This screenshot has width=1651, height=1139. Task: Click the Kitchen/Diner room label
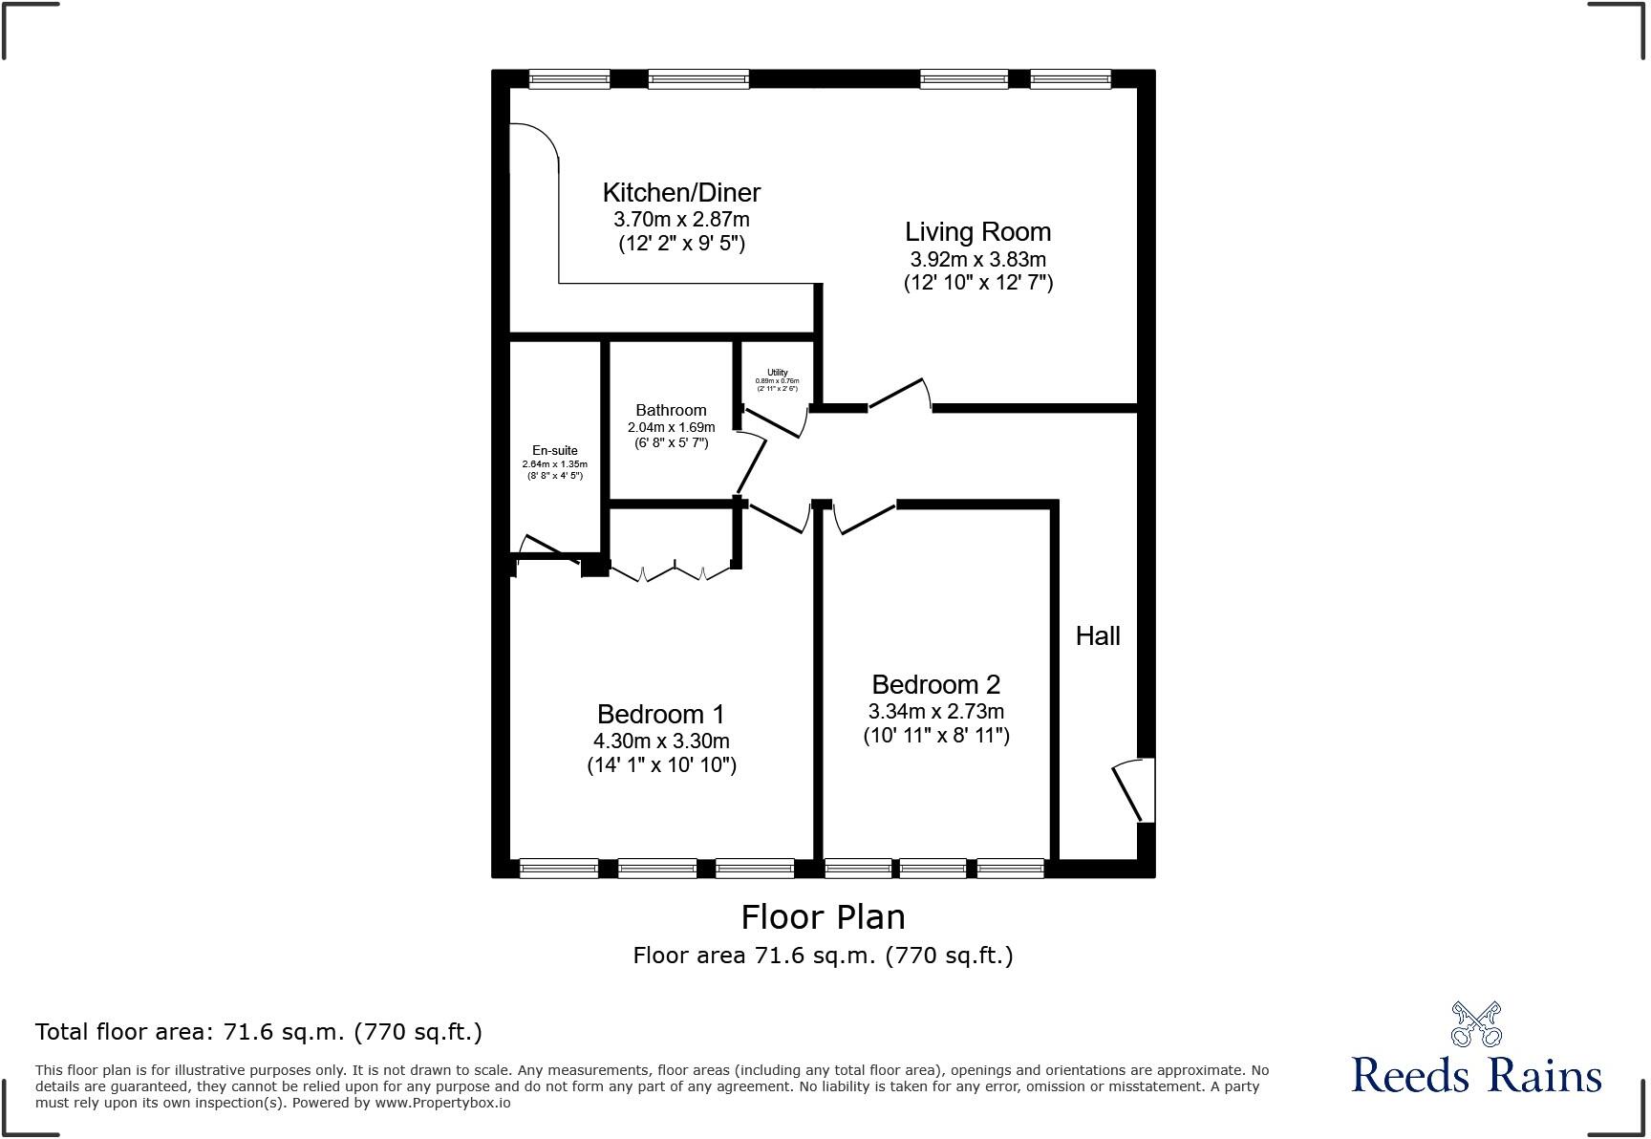[x=681, y=192]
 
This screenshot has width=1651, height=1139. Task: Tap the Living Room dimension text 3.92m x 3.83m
[x=977, y=259]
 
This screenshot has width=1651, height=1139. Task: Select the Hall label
[x=1098, y=636]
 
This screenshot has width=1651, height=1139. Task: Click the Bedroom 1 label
[x=660, y=714]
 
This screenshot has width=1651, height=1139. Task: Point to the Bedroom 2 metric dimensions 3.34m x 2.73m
[x=935, y=712]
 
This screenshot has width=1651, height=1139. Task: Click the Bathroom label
[x=671, y=410]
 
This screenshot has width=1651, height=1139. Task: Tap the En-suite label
[x=554, y=450]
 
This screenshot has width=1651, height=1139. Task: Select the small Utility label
[x=777, y=373]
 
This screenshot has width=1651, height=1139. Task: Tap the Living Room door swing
[x=899, y=395]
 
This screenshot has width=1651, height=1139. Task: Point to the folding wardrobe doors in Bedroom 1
[x=673, y=573]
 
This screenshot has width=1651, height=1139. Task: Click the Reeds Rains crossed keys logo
[x=1475, y=1024]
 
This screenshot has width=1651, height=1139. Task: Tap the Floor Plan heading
[x=823, y=917]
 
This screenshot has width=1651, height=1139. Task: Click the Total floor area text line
[x=258, y=1032]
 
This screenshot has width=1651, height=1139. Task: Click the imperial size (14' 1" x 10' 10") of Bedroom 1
[x=661, y=765]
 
